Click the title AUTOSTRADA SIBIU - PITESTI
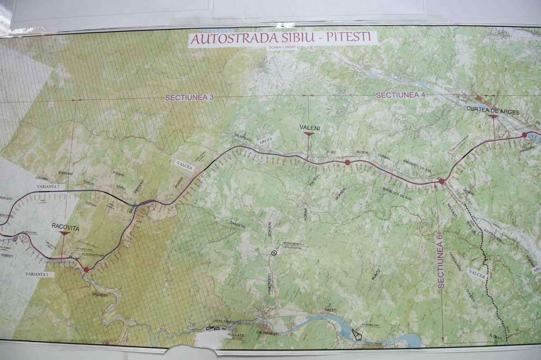[x=283, y=38]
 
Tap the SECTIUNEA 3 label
[x=183, y=97]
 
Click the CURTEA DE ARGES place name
[x=493, y=111]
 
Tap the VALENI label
[x=309, y=128]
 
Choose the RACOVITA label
[x=65, y=228]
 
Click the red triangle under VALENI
[x=309, y=134]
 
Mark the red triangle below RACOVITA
[x=64, y=234]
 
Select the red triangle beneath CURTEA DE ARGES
[x=493, y=117]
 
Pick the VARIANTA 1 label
[x=39, y=274]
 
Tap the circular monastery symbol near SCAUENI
[x=273, y=253]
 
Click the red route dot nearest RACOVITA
[x=86, y=270]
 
